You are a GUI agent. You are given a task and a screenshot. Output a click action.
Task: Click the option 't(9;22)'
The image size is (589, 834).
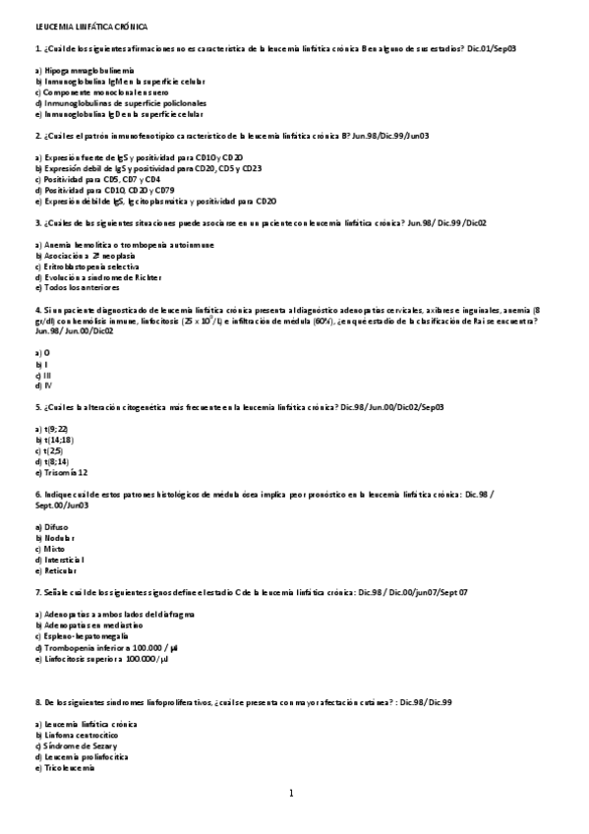(x=50, y=429)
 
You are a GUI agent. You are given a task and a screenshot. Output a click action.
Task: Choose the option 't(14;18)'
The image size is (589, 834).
(x=53, y=440)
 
